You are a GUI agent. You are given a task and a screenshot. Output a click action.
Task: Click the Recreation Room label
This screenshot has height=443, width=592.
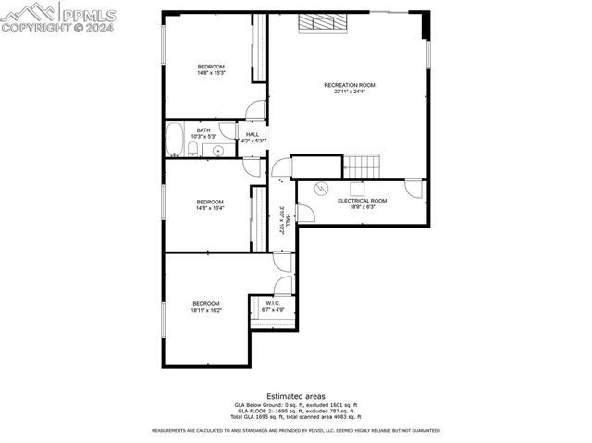(349, 86)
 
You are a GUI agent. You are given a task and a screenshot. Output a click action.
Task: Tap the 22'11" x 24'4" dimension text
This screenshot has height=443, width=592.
(349, 92)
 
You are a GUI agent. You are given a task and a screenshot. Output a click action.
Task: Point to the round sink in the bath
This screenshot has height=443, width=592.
(219, 150)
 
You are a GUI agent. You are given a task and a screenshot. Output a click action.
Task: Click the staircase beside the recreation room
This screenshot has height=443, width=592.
(362, 166)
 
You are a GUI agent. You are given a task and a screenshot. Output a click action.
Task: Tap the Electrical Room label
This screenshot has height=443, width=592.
(362, 201)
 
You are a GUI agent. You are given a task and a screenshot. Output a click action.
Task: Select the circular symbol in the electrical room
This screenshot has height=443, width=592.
(321, 189)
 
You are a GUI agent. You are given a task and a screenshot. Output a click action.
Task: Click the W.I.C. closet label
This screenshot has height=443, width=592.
(273, 303)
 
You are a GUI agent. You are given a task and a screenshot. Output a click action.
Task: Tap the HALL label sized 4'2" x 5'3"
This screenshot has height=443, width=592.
(253, 135)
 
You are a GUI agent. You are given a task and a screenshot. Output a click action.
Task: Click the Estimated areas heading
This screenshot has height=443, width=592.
(295, 396)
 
